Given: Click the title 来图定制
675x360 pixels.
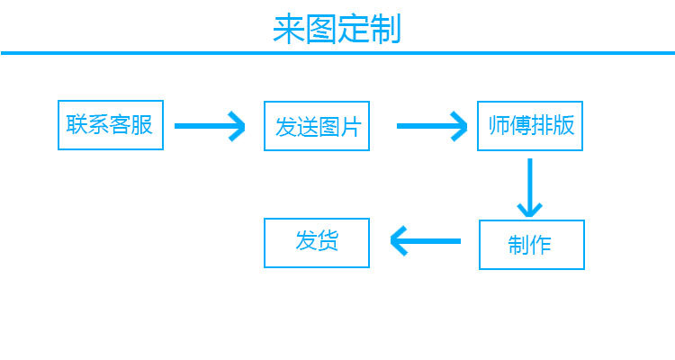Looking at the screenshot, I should (337, 29).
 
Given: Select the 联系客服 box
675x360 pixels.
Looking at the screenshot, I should (110, 124).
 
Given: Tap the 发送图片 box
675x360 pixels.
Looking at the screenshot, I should (317, 126).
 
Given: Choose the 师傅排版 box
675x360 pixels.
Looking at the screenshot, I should (531, 125).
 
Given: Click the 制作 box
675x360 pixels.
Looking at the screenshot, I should (531, 245).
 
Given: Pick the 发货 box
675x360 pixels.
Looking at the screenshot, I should (317, 242).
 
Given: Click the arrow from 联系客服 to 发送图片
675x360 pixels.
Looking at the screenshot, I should (210, 126).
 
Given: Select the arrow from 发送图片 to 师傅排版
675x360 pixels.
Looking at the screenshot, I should (433, 126).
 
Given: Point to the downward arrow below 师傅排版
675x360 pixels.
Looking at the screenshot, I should (529, 187).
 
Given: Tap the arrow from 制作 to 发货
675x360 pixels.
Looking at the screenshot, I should (425, 241).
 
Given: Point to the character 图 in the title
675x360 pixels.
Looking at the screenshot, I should (321, 29).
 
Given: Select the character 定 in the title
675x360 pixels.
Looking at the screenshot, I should (354, 29).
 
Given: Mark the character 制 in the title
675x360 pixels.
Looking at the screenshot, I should (385, 29).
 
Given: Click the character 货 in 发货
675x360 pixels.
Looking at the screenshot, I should (328, 241).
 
